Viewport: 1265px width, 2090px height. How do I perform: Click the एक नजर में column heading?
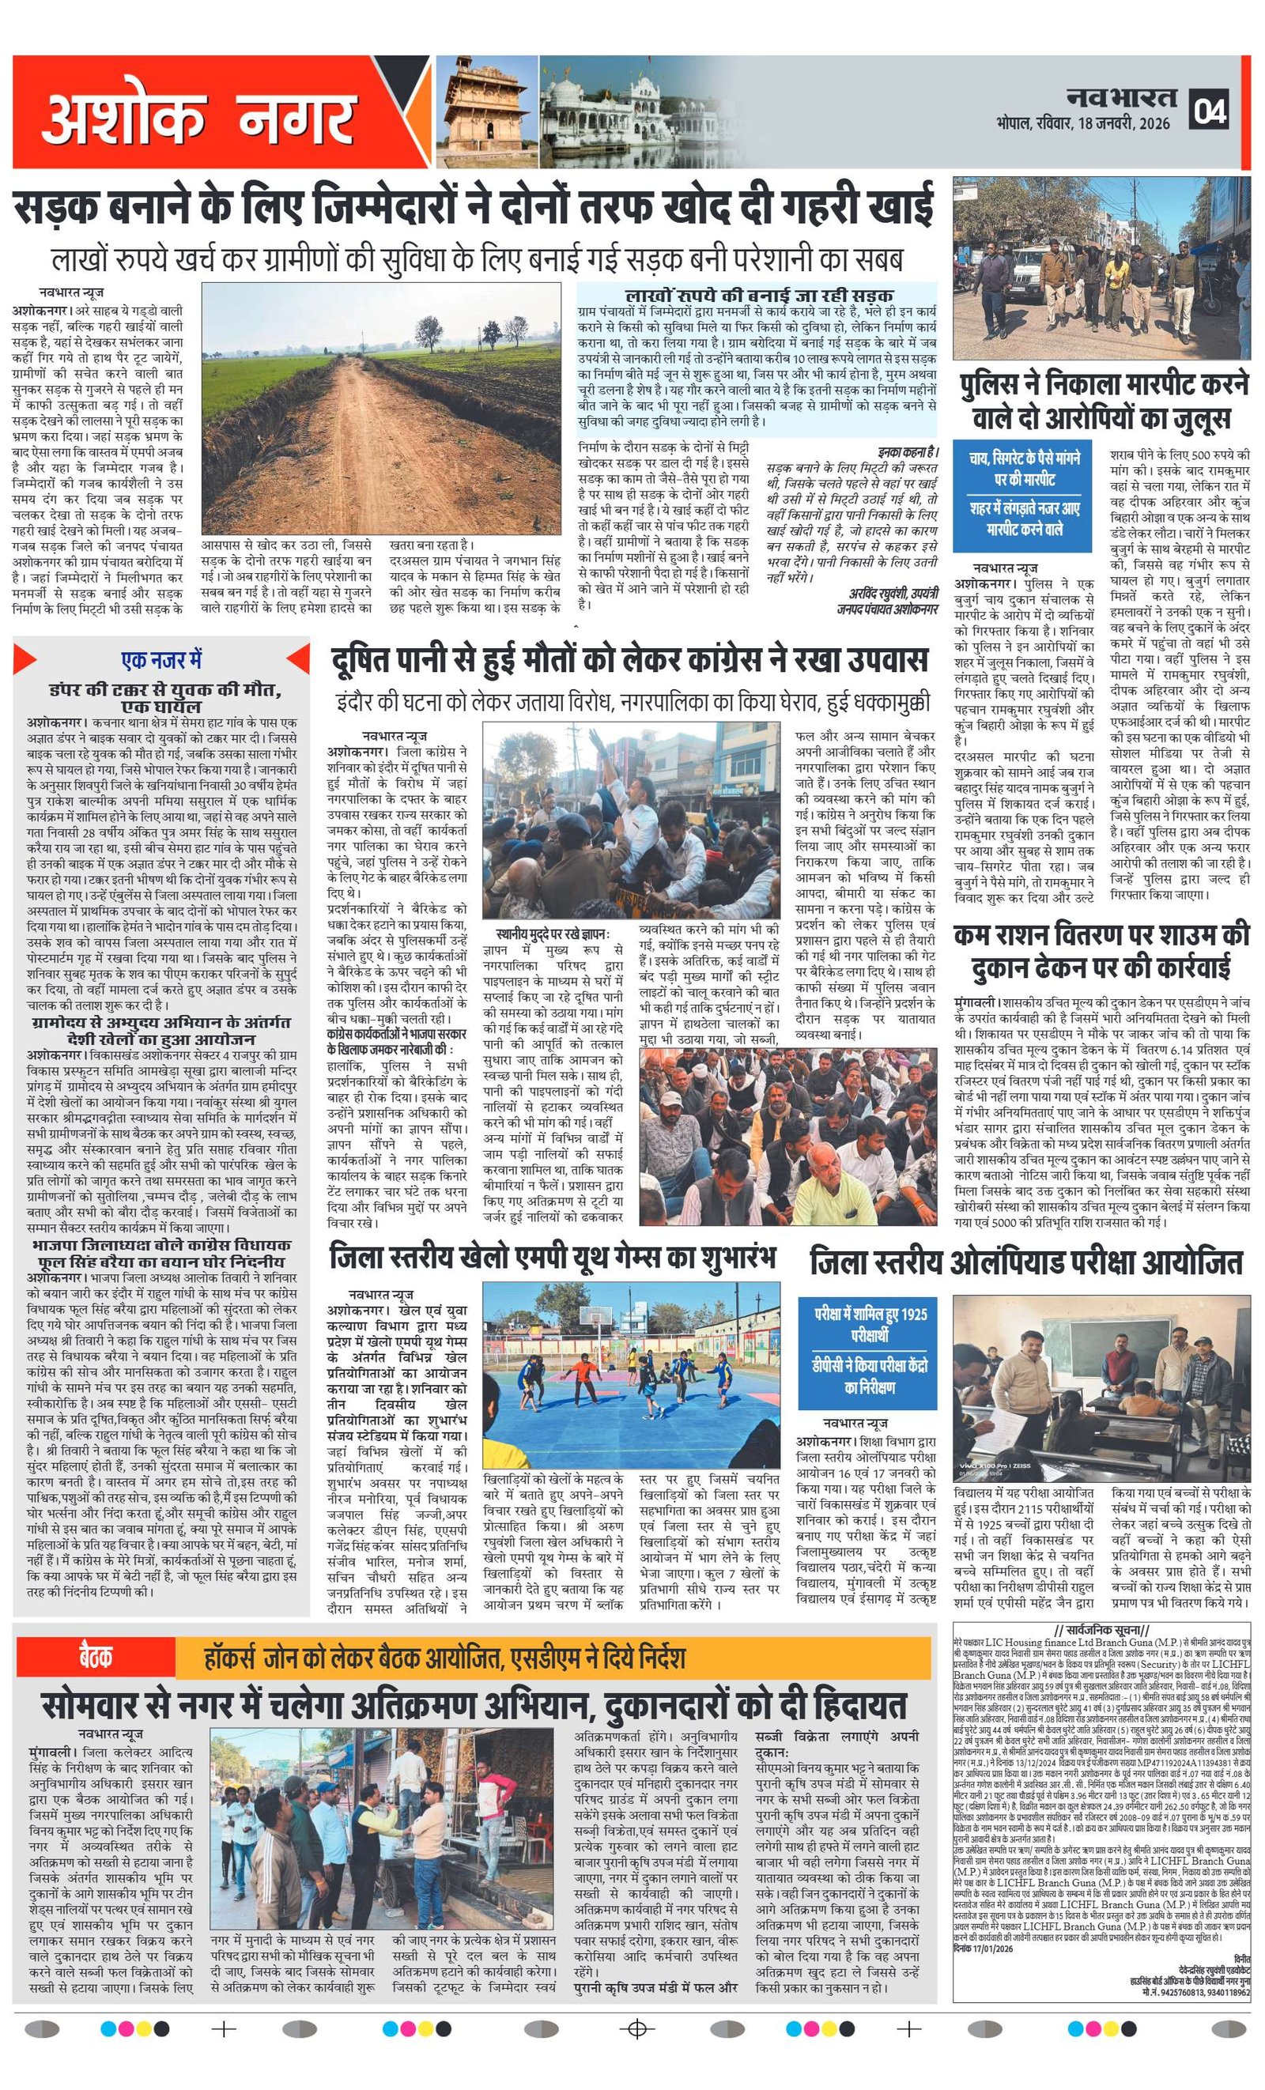pos(161,660)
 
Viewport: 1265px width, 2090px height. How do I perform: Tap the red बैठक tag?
pos(96,1658)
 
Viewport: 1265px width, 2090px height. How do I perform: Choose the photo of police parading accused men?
pos(1101,268)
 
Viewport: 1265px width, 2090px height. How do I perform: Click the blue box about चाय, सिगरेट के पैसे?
pos(1025,494)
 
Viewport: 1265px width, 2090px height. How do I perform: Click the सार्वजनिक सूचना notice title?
pos(1101,1630)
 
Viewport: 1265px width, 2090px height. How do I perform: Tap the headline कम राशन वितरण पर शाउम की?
pos(1101,951)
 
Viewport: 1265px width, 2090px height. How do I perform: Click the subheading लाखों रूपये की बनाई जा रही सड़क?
pos(757,295)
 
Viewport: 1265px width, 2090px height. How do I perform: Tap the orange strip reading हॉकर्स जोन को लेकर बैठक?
pos(552,1658)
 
